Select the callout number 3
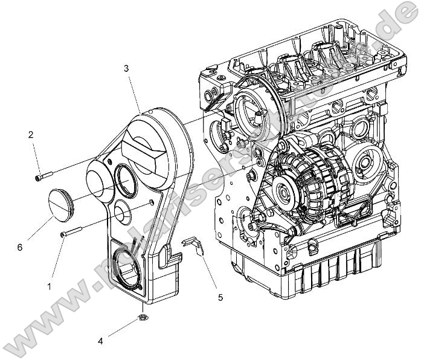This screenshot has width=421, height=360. (x=126, y=68)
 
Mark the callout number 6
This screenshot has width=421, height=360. (x=20, y=248)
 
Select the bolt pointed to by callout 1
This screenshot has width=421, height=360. (x=70, y=233)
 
